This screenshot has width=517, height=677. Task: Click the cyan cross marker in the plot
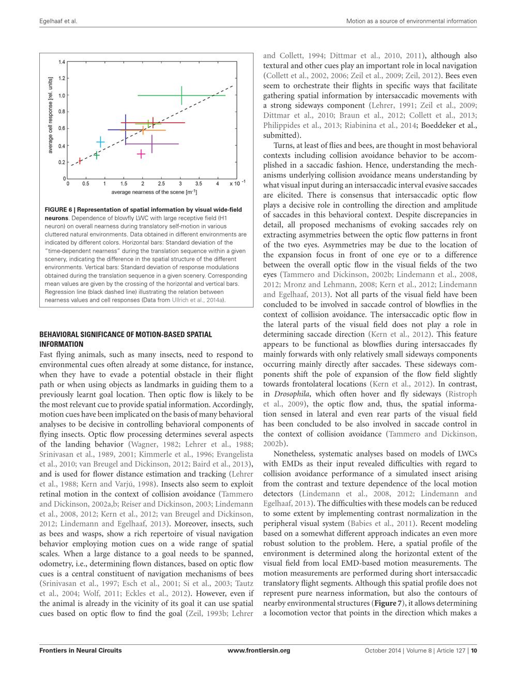tap(101, 142)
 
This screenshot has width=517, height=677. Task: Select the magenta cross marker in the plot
tap(141, 154)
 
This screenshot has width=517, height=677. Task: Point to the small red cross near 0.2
tap(80, 161)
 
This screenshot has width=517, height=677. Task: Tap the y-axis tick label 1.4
tap(62, 63)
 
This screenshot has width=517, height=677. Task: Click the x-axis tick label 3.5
tap(199, 184)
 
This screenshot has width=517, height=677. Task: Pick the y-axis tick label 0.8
tap(62, 112)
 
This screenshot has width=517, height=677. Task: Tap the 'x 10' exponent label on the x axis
tap(237, 183)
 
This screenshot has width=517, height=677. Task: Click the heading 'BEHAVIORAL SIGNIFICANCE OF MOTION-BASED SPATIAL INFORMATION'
tap(126, 339)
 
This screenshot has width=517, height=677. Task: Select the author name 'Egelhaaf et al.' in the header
tap(58, 21)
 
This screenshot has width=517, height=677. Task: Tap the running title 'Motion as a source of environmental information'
tap(412, 21)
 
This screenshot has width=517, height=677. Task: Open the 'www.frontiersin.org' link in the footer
tap(258, 650)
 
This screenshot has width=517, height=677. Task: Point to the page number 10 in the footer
tap(473, 650)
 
